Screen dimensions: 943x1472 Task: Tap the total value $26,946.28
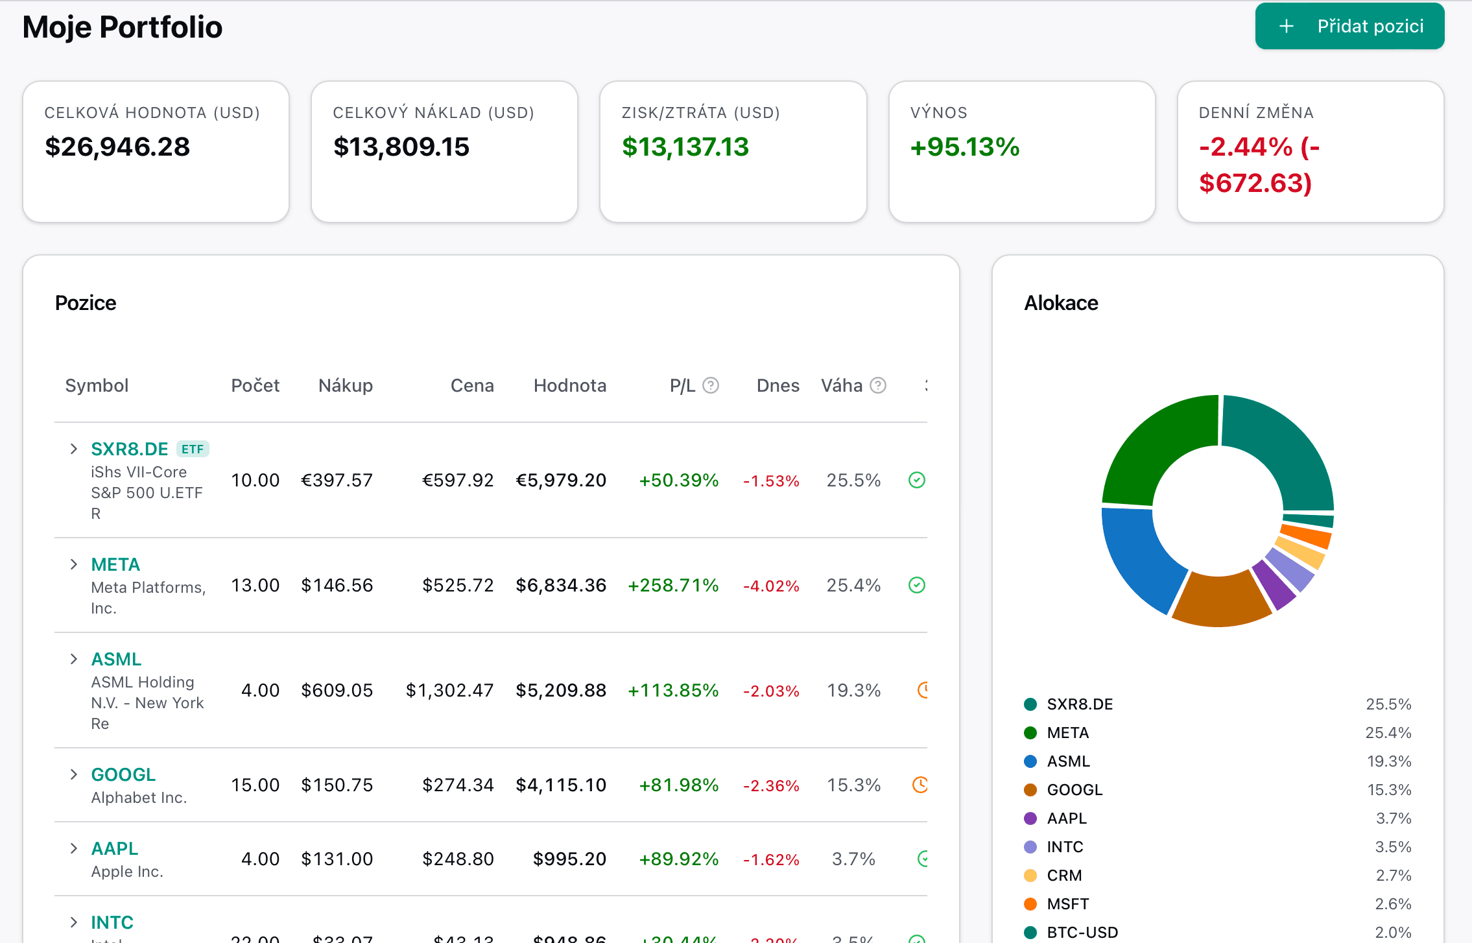point(117,147)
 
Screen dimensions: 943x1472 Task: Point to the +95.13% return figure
point(964,147)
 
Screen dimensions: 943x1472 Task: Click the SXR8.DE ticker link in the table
point(129,449)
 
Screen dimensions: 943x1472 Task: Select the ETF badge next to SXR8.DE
point(193,449)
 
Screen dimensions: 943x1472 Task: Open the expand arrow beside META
point(74,564)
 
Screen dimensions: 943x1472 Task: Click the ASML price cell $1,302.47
point(449,690)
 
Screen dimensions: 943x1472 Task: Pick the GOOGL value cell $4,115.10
point(561,785)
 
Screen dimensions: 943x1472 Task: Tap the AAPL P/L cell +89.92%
point(678,859)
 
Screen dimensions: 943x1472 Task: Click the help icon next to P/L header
point(711,386)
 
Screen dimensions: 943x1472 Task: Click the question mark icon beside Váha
point(878,386)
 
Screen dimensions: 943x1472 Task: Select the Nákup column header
point(345,386)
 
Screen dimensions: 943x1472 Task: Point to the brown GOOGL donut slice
point(1219,600)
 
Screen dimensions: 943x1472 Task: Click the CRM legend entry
point(1064,876)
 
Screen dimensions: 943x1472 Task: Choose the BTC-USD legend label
point(1082,933)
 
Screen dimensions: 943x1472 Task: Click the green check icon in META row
point(916,585)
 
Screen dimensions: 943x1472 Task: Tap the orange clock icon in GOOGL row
point(920,785)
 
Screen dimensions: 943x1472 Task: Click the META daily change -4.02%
point(770,586)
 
